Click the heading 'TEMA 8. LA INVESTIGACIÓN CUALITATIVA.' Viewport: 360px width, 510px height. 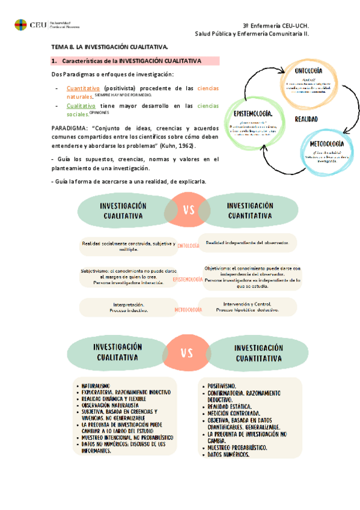point(109,46)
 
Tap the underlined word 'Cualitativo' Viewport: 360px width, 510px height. point(81,106)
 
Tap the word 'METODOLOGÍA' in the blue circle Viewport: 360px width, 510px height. point(326,144)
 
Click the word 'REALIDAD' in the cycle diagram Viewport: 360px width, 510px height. point(307,119)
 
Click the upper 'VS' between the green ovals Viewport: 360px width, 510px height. point(188,210)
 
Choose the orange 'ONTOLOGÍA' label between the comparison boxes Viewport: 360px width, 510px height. point(188,245)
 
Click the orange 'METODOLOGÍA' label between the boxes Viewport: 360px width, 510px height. point(188,310)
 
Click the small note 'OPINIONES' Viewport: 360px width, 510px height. point(99,112)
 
